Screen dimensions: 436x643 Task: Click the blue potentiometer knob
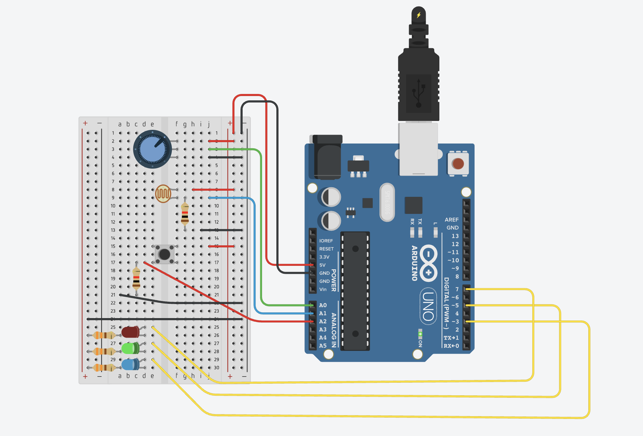(152, 149)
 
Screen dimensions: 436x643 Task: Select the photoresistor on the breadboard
(163, 194)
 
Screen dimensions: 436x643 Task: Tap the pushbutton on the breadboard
(165, 254)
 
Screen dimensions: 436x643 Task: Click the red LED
(130, 332)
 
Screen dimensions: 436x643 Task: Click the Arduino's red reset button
(458, 164)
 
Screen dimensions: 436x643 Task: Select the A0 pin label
(323, 305)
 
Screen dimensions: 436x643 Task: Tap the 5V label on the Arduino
(323, 265)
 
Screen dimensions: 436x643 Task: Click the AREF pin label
(451, 220)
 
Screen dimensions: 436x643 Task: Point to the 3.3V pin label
(324, 257)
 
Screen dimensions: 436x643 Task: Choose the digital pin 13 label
(455, 236)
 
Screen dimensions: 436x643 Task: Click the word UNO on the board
(428, 306)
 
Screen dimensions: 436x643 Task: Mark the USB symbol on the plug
(419, 93)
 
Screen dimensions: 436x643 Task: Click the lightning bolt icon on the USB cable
(419, 15)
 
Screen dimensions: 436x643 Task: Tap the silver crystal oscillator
(387, 202)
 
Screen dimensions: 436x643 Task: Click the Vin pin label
(323, 289)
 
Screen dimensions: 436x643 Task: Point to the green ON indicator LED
(420, 334)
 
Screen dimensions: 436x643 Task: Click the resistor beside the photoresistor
(185, 214)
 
